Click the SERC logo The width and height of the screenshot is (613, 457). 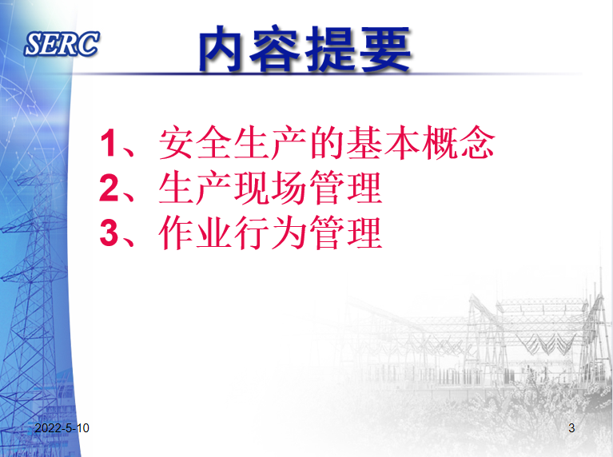coord(62,44)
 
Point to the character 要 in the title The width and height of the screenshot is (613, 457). coord(385,49)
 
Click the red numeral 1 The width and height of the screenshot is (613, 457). coord(108,143)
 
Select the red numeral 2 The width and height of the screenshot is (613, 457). coord(109,188)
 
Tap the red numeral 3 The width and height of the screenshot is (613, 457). coord(109,232)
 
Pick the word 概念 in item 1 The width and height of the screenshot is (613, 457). coord(458,142)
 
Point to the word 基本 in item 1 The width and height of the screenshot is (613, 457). coord(383,142)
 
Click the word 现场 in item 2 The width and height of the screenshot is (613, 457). coord(270,188)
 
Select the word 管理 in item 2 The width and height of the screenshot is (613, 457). coord(346,188)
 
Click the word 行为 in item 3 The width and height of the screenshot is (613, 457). coord(270,232)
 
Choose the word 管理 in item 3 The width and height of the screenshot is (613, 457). coord(346,232)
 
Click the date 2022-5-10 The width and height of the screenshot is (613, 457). coord(62,428)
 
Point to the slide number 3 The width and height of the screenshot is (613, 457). coord(571,428)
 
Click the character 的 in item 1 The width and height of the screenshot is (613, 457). coord(327,142)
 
